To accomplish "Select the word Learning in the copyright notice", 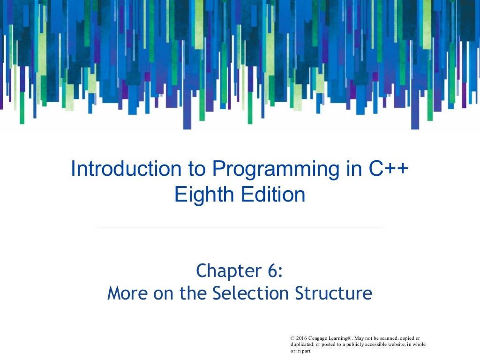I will (344, 338).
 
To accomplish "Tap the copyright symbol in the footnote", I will (292, 338).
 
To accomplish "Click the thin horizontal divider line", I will (240, 228).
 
